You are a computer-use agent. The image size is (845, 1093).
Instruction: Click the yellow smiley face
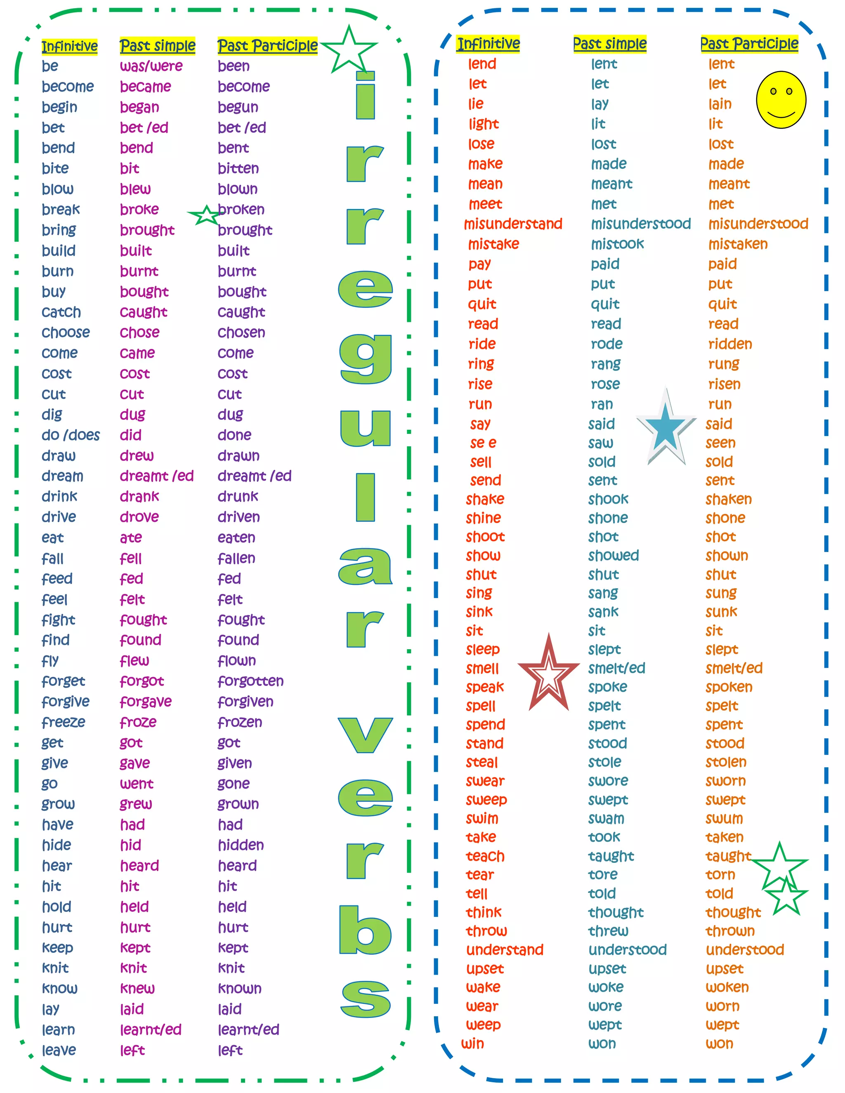781,99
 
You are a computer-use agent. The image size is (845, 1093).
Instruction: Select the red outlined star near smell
549,676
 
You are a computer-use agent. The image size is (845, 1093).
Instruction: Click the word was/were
151,66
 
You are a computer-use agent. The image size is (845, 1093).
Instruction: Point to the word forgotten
250,681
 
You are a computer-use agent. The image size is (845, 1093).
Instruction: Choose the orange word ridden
730,344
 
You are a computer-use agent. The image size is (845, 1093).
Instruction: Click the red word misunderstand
513,224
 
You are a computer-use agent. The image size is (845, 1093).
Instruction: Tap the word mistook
617,244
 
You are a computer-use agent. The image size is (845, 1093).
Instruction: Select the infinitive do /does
71,435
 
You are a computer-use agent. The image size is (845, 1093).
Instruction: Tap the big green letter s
366,999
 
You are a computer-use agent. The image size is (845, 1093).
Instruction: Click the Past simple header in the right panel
610,44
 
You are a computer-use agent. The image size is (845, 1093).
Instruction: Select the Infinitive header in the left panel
70,47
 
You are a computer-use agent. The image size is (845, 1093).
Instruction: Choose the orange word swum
724,818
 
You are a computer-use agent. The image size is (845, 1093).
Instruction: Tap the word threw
608,931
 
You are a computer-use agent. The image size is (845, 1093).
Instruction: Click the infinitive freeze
64,722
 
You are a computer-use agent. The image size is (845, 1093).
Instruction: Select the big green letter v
366,734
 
